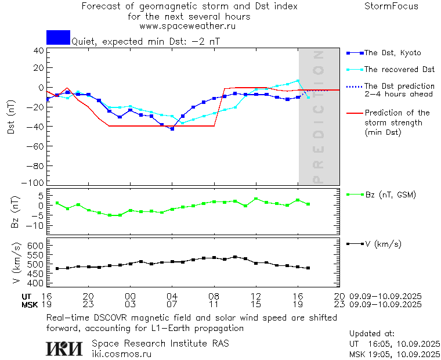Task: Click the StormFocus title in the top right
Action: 391,6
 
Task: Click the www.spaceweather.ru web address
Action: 187,26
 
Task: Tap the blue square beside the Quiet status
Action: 58,37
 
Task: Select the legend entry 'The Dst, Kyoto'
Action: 392,53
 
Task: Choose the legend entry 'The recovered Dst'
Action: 399,70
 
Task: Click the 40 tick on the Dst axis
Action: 38,51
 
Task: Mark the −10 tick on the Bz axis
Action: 35,225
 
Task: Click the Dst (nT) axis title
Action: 12,120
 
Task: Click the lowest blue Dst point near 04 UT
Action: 172,128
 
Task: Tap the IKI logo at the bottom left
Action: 63,348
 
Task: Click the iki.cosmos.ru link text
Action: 122,354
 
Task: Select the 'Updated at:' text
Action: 372,334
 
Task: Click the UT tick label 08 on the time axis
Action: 214,296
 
